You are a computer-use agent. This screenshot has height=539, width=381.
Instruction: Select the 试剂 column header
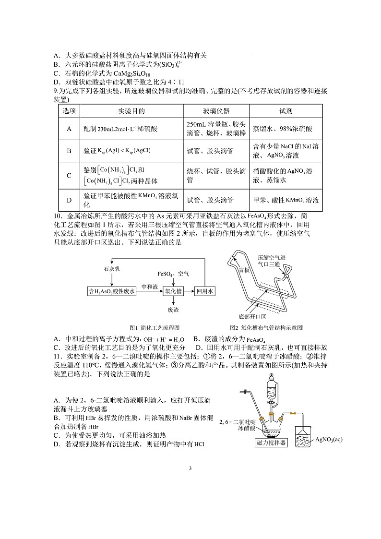coord(286,111)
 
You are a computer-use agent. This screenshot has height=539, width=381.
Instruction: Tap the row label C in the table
coord(69,176)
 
